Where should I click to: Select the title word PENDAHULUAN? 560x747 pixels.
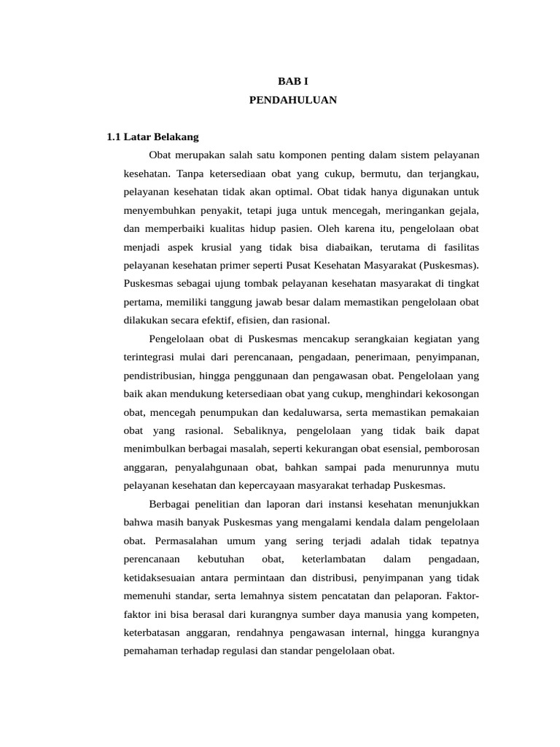pos(292,100)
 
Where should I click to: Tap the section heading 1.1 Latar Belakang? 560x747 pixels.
pos(152,136)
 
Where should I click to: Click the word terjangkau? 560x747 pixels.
pos(454,174)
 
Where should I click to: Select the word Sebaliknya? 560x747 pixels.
pos(259,430)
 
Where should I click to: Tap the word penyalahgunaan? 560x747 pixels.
pos(214,467)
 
